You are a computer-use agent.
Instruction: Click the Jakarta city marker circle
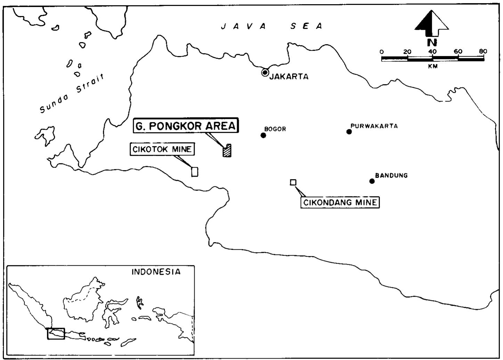pyautogui.click(x=265, y=72)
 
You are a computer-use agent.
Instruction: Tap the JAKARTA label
pyautogui.click(x=289, y=77)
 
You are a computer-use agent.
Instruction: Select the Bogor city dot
pyautogui.click(x=263, y=135)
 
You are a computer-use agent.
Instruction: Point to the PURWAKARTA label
pyautogui.click(x=374, y=126)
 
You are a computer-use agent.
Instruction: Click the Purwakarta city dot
pyautogui.click(x=349, y=131)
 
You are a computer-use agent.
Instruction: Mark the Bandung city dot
pyautogui.click(x=372, y=181)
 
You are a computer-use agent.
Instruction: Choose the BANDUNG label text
pyautogui.click(x=391, y=175)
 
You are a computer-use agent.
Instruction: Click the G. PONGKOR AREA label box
pyautogui.click(x=186, y=126)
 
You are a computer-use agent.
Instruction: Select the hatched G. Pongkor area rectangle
pyautogui.click(x=227, y=150)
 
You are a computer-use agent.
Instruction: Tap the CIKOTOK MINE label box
pyautogui.click(x=162, y=149)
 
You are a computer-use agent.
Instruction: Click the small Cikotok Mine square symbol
pyautogui.click(x=195, y=171)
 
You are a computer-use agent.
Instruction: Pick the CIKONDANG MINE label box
pyautogui.click(x=340, y=202)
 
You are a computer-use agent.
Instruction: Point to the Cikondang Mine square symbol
pyautogui.click(x=293, y=182)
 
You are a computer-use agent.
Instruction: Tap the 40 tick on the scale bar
pyautogui.click(x=432, y=51)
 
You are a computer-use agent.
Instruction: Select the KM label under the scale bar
pyautogui.click(x=433, y=66)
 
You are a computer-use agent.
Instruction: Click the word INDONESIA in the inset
pyautogui.click(x=156, y=272)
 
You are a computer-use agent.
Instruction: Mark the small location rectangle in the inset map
pyautogui.click(x=56, y=333)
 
